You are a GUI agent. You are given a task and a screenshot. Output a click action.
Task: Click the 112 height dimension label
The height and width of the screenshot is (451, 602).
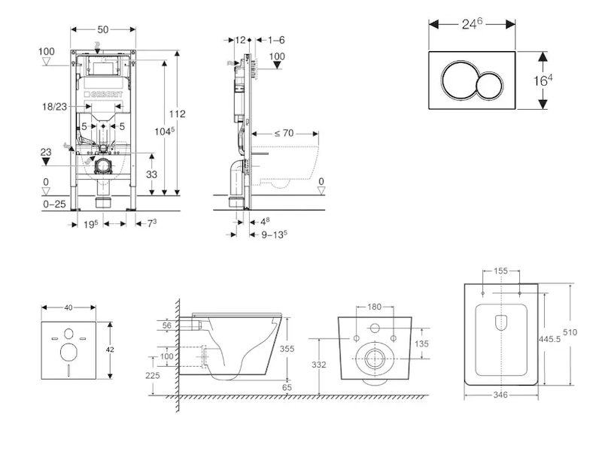[x=177, y=114]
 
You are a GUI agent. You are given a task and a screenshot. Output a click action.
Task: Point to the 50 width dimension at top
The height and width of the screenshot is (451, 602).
[x=103, y=29]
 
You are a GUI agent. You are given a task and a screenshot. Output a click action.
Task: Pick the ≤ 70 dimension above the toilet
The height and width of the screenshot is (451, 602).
[x=283, y=133]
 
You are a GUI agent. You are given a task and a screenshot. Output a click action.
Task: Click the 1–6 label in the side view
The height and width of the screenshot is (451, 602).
[x=276, y=40]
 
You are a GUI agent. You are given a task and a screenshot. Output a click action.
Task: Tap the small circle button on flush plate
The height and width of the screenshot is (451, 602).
[x=489, y=84]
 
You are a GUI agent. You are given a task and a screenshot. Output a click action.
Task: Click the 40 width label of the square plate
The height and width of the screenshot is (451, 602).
[x=69, y=307]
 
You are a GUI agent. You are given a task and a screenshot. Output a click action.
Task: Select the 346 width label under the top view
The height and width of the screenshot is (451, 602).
[x=500, y=394]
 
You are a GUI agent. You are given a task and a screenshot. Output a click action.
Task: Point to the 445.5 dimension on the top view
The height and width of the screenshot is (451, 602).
[x=553, y=339]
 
